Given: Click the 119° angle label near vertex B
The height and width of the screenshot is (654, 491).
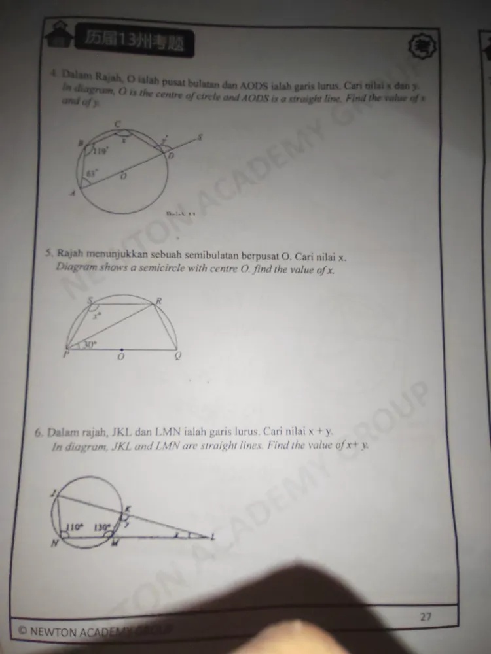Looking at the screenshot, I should [100, 151].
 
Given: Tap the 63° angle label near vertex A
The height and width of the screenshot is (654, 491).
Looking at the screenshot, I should [92, 173].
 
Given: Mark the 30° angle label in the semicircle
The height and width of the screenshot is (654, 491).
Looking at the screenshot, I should [90, 342].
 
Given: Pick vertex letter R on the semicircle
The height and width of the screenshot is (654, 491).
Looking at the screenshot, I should [158, 300].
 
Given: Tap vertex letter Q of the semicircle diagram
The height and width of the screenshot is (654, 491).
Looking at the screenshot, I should [177, 356].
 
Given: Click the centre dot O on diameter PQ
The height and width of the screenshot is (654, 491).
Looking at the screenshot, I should [122, 349].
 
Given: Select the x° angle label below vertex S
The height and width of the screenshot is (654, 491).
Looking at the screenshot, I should [96, 316].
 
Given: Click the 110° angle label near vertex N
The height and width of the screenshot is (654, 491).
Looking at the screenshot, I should [73, 526].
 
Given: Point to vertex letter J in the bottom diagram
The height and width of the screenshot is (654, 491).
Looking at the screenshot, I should [52, 495].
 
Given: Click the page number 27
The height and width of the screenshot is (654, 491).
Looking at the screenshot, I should [426, 615].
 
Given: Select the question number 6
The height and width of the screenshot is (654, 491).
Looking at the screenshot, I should [39, 432].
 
